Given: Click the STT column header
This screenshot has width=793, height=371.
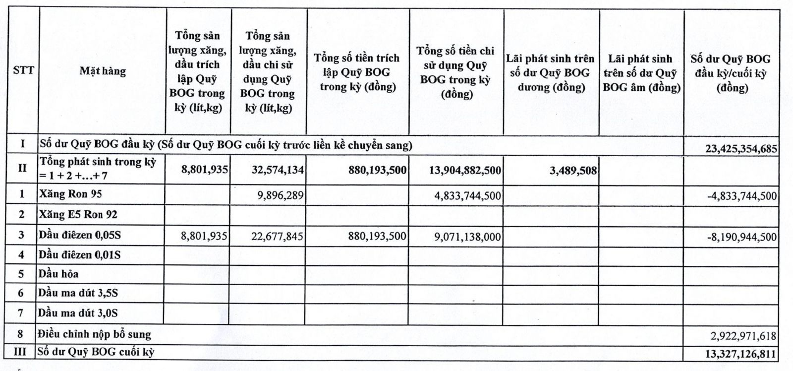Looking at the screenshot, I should point(23,70).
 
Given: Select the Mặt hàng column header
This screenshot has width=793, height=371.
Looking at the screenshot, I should point(103,71).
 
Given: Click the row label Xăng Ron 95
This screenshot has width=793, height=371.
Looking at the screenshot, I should point(70,193).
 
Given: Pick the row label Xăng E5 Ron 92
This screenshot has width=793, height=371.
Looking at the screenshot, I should point(78,215).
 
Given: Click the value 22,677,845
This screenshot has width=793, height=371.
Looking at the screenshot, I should point(277,236).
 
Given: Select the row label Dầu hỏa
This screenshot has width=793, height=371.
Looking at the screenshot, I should point(58,274).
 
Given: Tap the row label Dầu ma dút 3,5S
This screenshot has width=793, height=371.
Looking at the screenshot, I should point(78,293).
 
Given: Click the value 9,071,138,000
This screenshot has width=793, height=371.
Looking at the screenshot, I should point(468,237).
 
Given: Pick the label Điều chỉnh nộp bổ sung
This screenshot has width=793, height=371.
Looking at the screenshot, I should point(95,334).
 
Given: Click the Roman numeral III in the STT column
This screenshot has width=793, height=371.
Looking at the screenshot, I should point(20,352).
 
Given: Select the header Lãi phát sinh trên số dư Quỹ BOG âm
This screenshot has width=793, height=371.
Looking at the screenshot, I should point(641,73).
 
